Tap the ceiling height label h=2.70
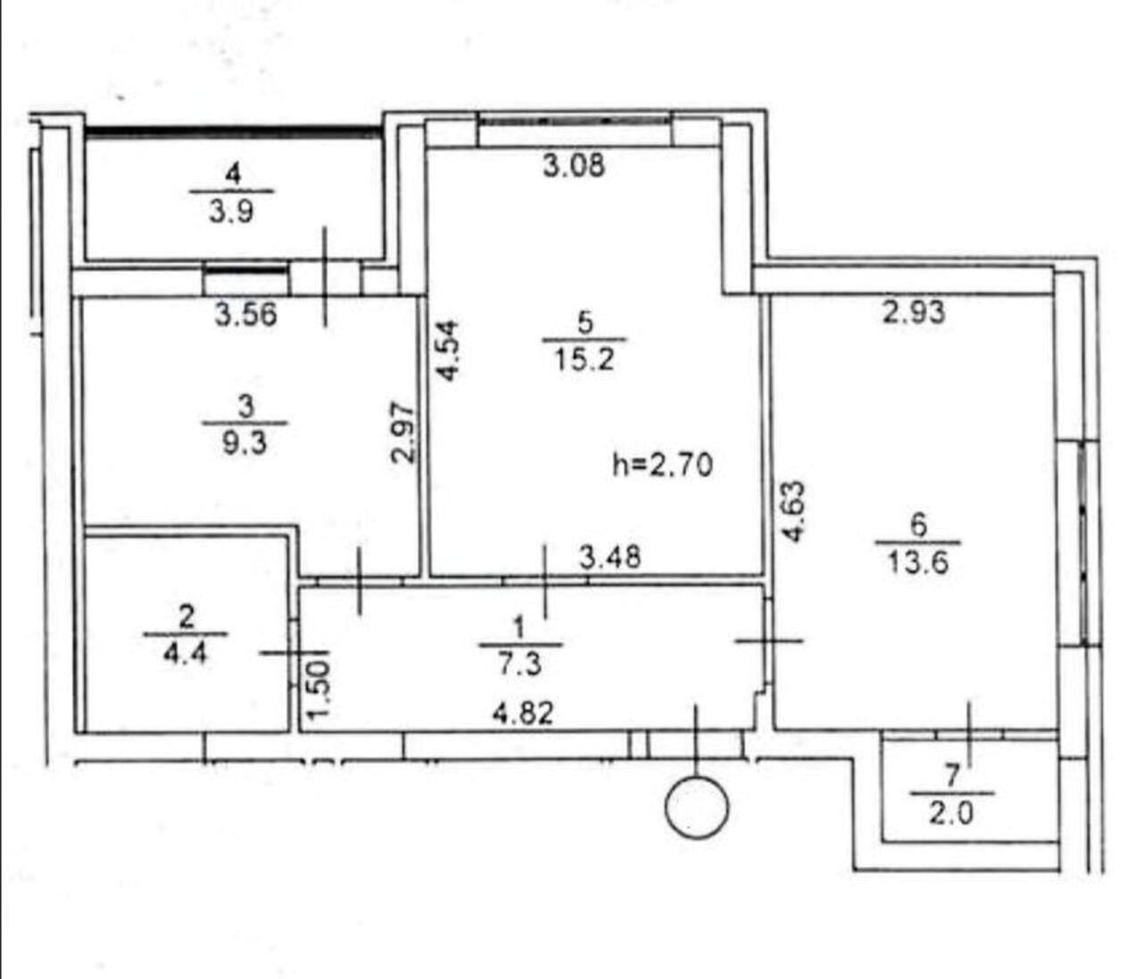[662, 465]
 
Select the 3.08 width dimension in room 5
[574, 165]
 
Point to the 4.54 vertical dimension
[448, 350]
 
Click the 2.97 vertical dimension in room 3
[402, 433]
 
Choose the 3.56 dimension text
[245, 316]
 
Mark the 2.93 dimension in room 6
[914, 312]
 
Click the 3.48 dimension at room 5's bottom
[610, 556]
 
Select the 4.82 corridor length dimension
[523, 713]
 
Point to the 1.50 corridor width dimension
[319, 684]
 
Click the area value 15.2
[584, 360]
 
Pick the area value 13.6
[918, 564]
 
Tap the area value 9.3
[244, 443]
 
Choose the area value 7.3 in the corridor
[520, 663]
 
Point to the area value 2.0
[951, 812]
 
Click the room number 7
[951, 777]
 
